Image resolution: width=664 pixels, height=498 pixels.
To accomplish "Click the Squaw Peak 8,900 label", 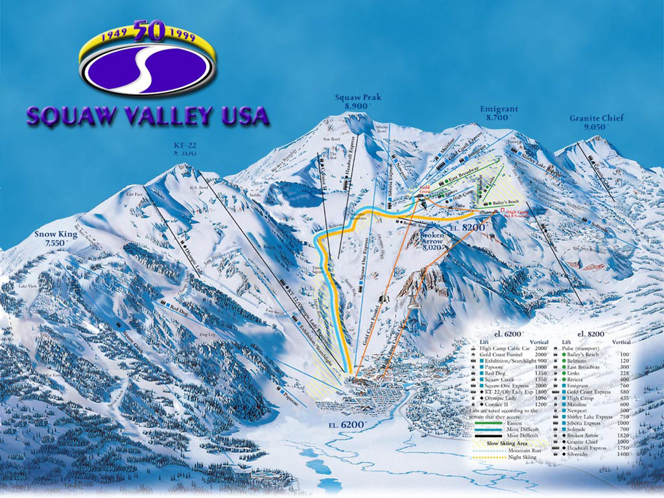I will point(357,101).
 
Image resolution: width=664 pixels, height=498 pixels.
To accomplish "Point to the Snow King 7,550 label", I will point(57,238).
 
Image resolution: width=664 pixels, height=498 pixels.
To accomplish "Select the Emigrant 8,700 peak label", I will point(499,113).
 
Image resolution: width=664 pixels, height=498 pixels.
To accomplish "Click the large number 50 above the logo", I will point(148,30).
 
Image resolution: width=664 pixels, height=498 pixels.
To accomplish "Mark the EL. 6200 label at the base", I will point(344,423).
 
